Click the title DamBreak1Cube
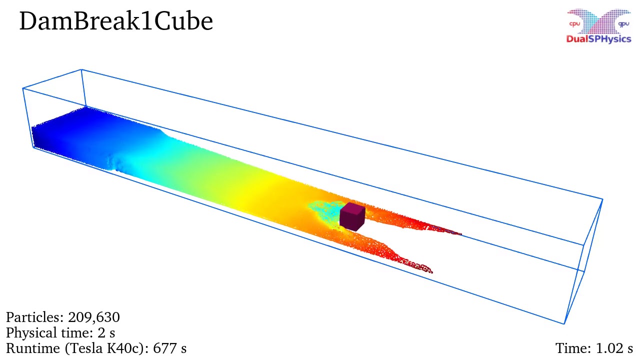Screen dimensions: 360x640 coord(116,22)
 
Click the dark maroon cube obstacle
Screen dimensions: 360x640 coord(351,218)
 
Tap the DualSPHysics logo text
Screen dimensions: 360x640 coord(598,39)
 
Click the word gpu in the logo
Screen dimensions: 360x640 coord(623,23)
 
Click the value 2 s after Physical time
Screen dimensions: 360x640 coord(108,333)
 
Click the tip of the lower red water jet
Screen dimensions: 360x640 coord(431,271)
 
